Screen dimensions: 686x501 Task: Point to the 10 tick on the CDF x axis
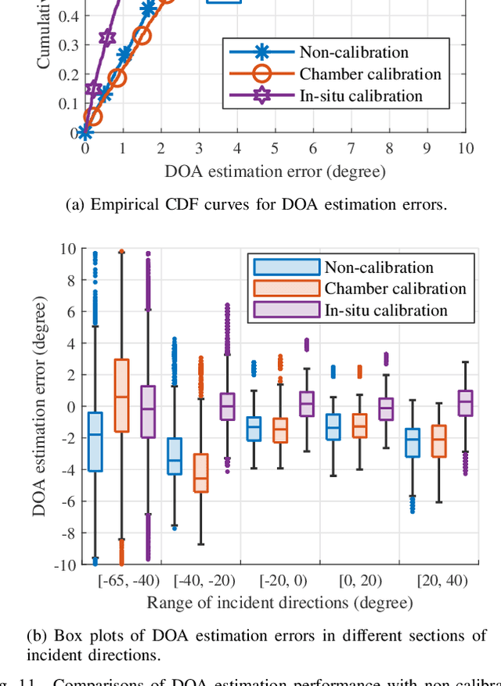pyautogui.click(x=465, y=148)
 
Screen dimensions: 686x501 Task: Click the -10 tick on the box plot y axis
pyautogui.click(x=66, y=565)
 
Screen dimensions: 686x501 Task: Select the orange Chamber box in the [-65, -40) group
pyautogui.click(x=121, y=395)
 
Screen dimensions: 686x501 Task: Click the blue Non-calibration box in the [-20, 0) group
pyautogui.click(x=254, y=429)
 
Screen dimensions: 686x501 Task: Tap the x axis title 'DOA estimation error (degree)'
pyautogui.click(x=275, y=171)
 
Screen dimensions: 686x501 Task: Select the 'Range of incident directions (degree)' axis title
pyautogui.click(x=279, y=603)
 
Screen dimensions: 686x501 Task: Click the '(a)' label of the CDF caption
pyautogui.click(x=77, y=205)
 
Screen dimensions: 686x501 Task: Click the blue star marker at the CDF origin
pyautogui.click(x=85, y=132)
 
